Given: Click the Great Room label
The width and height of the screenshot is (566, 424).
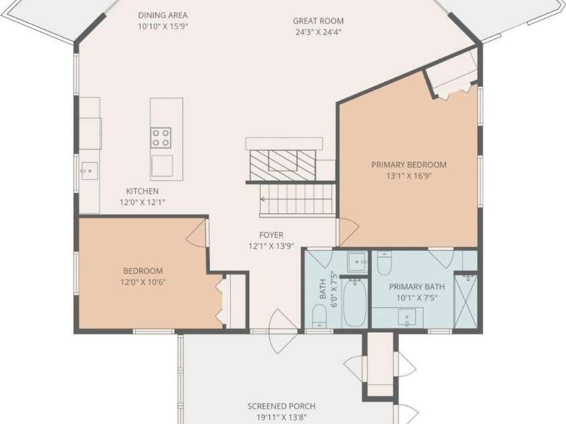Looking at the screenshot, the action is [x=318, y=21].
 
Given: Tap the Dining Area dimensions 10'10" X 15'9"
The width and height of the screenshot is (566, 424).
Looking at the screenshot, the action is [x=162, y=27].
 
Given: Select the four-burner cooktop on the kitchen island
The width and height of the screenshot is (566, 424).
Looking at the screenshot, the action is [x=161, y=138].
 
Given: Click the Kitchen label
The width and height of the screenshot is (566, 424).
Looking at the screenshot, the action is [x=142, y=191].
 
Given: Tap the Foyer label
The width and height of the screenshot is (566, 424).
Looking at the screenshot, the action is [x=271, y=235].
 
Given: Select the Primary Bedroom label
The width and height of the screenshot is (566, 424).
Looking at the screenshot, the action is [x=409, y=165].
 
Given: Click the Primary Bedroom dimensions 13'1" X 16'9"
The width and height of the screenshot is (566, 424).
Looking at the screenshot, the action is [x=409, y=176].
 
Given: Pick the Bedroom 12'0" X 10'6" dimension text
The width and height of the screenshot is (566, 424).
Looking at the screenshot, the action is [x=143, y=282].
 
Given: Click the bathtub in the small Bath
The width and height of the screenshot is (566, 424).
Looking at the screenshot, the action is [x=355, y=303].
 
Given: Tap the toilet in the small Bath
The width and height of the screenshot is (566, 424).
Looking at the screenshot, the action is [x=319, y=316].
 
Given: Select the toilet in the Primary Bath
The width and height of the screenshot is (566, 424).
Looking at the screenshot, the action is [x=383, y=263].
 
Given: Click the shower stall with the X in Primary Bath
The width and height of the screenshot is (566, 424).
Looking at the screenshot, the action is [x=466, y=301].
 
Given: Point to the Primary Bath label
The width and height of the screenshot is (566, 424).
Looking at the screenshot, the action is [x=416, y=287].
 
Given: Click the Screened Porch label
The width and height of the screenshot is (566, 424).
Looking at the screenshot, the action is [x=281, y=407].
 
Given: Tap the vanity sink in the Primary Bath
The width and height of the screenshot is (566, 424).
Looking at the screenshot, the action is [x=407, y=317].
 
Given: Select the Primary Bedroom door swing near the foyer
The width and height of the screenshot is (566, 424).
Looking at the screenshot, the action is [x=348, y=233].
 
